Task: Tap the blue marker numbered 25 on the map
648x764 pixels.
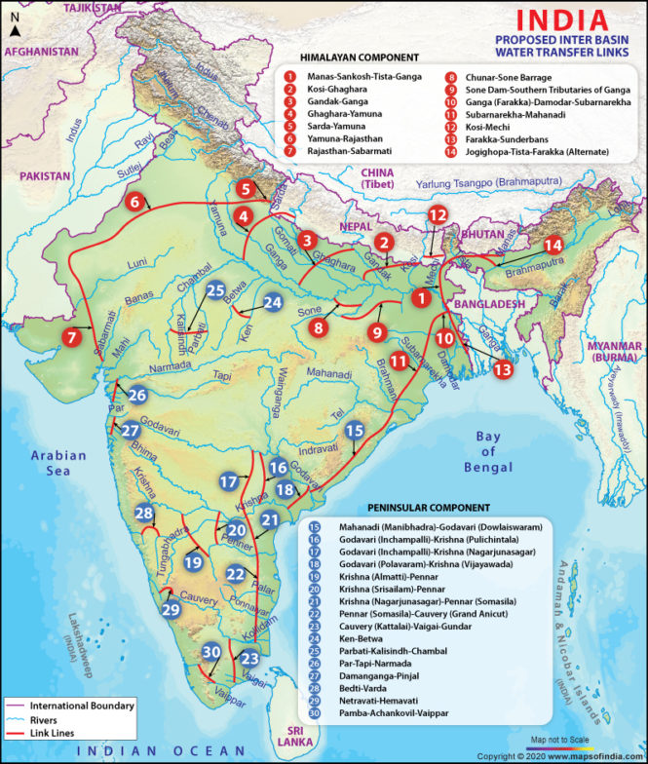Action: pos(216,289)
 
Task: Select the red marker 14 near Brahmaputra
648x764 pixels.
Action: pos(553,245)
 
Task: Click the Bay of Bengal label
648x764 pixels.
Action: pos(487,451)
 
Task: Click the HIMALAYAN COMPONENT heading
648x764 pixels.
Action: pos(360,57)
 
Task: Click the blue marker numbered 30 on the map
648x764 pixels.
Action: pos(211,652)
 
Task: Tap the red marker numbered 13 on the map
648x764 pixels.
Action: pos(502,369)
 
